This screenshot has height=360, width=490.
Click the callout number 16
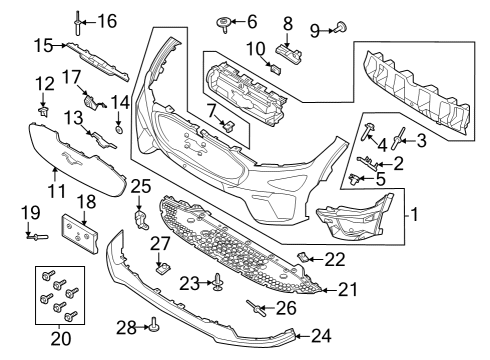(x=106, y=20)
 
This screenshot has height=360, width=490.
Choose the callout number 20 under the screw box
(x=62, y=338)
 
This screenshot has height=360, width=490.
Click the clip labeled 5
(x=356, y=179)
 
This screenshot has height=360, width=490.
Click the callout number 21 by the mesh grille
(x=346, y=290)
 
